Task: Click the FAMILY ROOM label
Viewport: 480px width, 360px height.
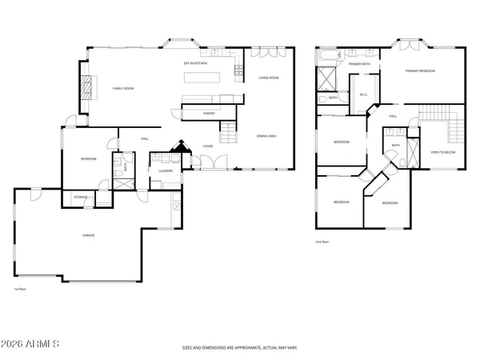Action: pyautogui.click(x=122, y=88)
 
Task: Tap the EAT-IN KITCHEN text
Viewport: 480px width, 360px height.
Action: pyautogui.click(x=196, y=62)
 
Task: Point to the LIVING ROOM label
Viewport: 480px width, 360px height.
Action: pyautogui.click(x=268, y=78)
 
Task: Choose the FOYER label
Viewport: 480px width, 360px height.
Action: pyautogui.click(x=207, y=146)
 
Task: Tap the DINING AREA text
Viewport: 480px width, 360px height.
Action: pyautogui.click(x=266, y=137)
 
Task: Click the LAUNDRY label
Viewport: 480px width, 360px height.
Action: pyautogui.click(x=166, y=170)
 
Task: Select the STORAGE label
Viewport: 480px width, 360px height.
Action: pyautogui.click(x=81, y=197)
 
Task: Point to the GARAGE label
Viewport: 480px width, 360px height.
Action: pyautogui.click(x=89, y=235)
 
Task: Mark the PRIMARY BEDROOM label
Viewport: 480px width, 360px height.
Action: pyautogui.click(x=420, y=71)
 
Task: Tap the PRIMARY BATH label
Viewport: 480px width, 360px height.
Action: pyautogui.click(x=359, y=64)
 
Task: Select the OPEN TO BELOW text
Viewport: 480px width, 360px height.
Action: pyautogui.click(x=443, y=151)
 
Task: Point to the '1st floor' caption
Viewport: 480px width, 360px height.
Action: pyautogui.click(x=20, y=289)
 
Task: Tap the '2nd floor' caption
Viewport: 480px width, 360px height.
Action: pyautogui.click(x=322, y=241)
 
